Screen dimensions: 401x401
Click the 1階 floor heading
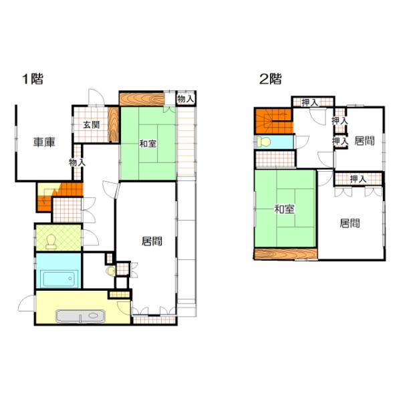point(33,79)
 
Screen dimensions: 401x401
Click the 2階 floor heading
point(270,79)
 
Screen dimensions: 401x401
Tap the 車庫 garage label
point(44,142)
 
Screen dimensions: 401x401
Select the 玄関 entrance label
point(92,125)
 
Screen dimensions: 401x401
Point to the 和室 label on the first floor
point(148,144)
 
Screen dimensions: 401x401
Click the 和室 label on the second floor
point(285,209)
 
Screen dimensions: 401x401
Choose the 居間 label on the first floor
point(152,241)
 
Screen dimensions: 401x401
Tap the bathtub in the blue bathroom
point(59,279)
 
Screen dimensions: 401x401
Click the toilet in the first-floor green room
point(51,242)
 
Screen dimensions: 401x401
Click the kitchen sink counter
point(81,317)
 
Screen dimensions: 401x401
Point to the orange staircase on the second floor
point(273,121)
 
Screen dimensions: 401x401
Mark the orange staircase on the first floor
point(60,196)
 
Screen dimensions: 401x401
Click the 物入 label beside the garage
point(77,162)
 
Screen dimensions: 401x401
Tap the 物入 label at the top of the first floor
point(186,99)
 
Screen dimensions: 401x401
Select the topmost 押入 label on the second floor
point(310,103)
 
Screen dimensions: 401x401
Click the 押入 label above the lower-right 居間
point(358,179)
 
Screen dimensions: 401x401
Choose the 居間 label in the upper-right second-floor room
point(364,140)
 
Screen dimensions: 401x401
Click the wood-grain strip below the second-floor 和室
point(286,254)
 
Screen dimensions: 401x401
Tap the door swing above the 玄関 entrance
point(96,97)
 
